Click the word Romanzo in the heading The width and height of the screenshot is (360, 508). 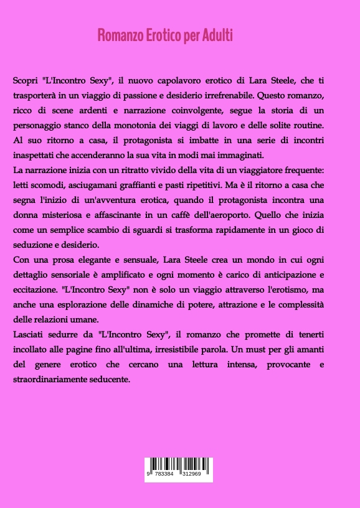pyautogui.click(x=116, y=35)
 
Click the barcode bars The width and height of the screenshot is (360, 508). pyautogui.click(x=178, y=464)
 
